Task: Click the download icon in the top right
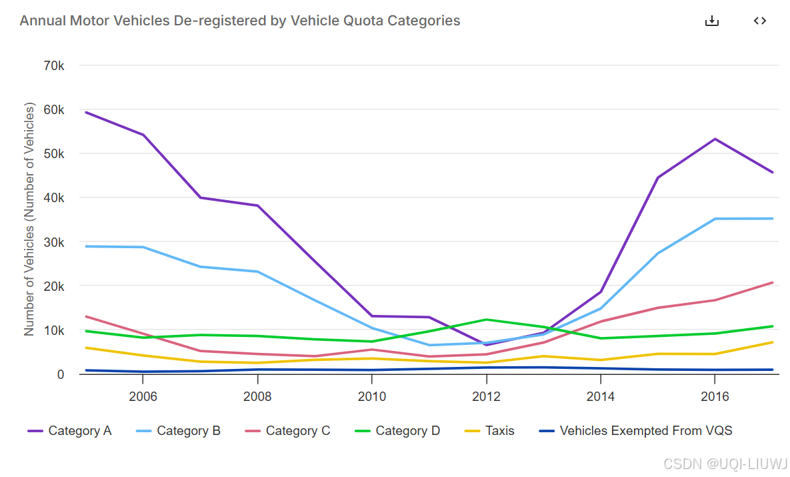(x=712, y=21)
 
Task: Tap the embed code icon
(x=759, y=21)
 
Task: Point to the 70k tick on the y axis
(x=53, y=65)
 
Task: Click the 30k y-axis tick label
(x=53, y=242)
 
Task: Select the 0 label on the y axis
(x=61, y=374)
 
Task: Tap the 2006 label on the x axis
(x=143, y=396)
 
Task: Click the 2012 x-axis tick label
(x=487, y=396)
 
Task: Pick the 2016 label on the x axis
(x=715, y=396)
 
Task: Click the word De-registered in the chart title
(x=213, y=21)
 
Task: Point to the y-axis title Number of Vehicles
(x=29, y=219)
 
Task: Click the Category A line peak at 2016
(x=715, y=139)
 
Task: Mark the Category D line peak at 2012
(x=487, y=320)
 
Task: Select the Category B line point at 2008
(x=257, y=272)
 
